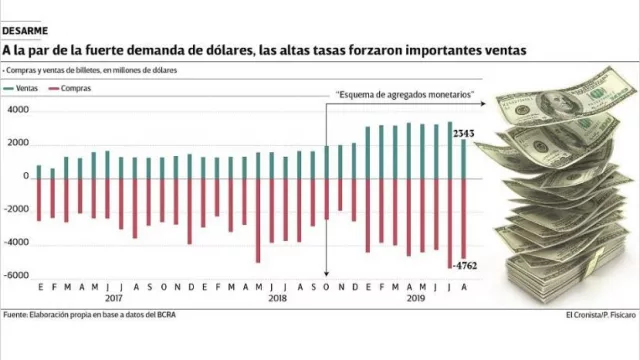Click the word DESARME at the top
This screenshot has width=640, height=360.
click(26, 31)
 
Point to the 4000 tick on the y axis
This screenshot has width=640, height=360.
click(17, 110)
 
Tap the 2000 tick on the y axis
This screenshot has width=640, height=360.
click(17, 143)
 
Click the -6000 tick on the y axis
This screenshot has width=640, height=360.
click(15, 276)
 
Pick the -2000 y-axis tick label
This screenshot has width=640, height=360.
click(15, 210)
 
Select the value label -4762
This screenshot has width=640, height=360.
click(463, 266)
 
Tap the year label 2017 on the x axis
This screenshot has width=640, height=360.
click(113, 297)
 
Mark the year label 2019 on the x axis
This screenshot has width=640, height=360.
click(414, 297)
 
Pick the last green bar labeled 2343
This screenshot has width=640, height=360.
click(463, 158)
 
